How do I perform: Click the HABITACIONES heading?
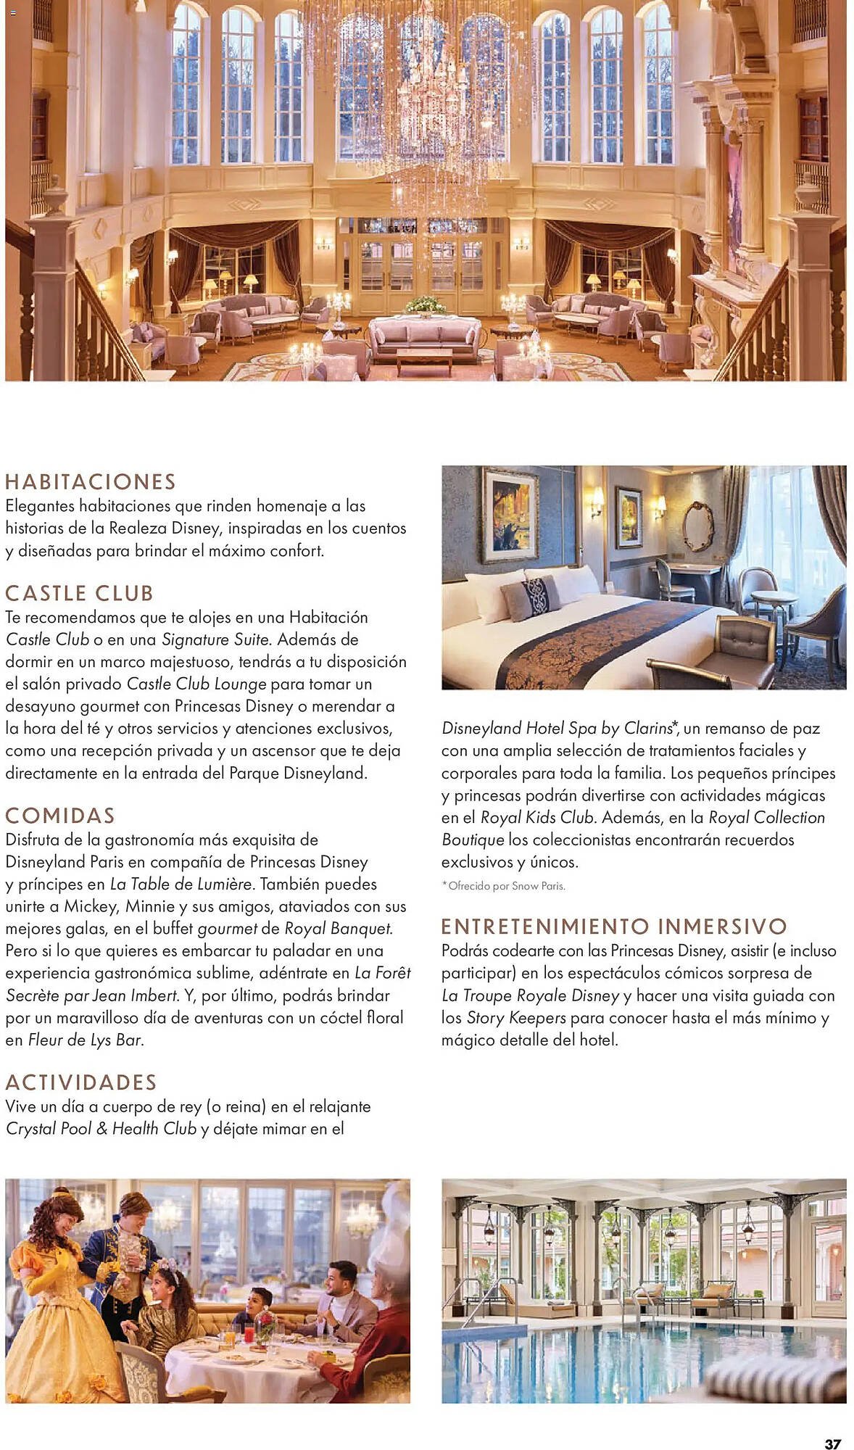pos(91,482)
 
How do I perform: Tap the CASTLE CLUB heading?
pos(79,594)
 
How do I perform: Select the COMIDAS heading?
pos(60,816)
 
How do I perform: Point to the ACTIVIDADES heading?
pos(81,1082)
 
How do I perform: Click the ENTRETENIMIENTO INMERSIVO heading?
pos(614,927)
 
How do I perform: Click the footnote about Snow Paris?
pos(503,886)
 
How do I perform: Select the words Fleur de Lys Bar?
pos(84,1040)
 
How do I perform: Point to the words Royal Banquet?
pos(338,929)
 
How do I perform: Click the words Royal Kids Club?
pos(537,818)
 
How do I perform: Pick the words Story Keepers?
pos(516,1018)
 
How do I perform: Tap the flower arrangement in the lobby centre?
pos(426,305)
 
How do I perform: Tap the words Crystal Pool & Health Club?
pos(101,1129)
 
